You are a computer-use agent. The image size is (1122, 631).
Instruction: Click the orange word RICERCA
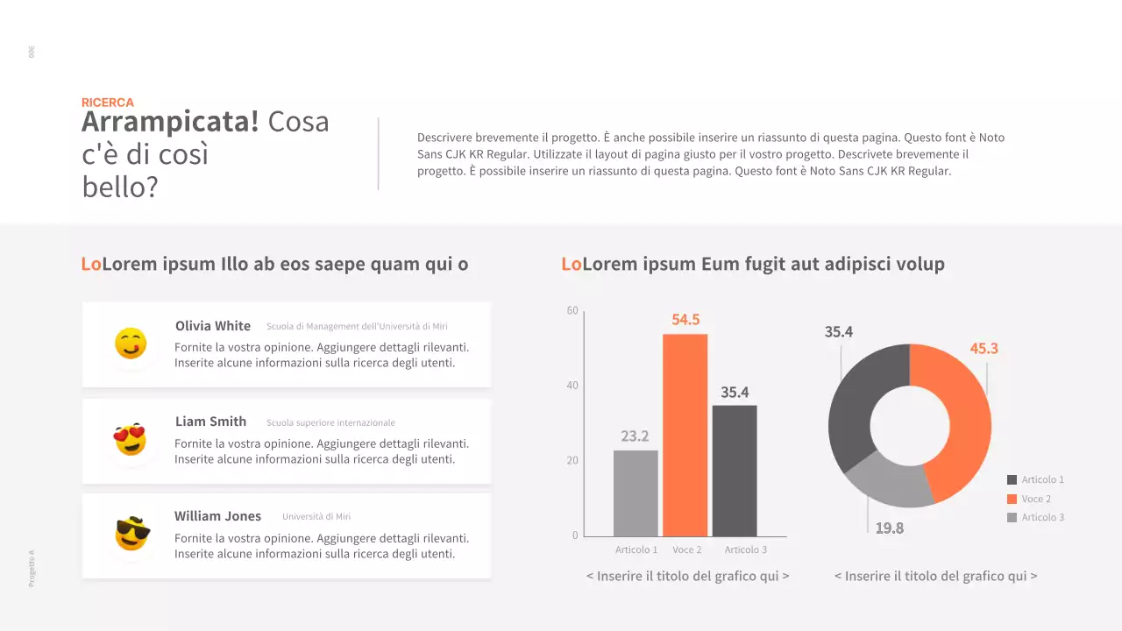pyautogui.click(x=108, y=103)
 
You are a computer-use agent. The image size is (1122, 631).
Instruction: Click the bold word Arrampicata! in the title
pyautogui.click(x=170, y=122)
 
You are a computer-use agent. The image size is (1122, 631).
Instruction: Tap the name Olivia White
pyautogui.click(x=213, y=326)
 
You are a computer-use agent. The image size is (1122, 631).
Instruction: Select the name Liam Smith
pyautogui.click(x=210, y=422)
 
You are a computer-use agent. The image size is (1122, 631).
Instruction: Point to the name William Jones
pyautogui.click(x=217, y=516)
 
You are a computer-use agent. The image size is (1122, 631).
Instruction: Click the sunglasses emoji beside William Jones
pyautogui.click(x=132, y=534)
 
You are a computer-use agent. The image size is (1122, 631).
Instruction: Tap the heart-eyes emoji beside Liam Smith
pyautogui.click(x=131, y=439)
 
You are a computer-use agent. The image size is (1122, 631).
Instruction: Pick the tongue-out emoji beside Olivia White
pyautogui.click(x=131, y=344)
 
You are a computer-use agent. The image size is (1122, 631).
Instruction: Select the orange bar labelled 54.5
pyautogui.click(x=685, y=435)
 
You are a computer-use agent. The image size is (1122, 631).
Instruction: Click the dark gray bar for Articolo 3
pyautogui.click(x=735, y=471)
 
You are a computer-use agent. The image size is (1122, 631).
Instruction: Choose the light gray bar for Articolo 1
pyautogui.click(x=636, y=493)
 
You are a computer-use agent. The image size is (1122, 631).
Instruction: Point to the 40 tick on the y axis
pyautogui.click(x=572, y=386)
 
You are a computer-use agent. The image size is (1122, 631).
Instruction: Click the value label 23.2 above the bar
pyautogui.click(x=635, y=436)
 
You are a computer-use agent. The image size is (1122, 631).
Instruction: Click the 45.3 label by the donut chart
pyautogui.click(x=984, y=349)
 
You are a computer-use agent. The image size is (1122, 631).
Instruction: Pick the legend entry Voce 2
pyautogui.click(x=1035, y=499)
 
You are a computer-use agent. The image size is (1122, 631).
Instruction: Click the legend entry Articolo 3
pyautogui.click(x=1042, y=517)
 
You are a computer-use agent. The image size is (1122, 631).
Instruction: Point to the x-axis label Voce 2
pyautogui.click(x=687, y=549)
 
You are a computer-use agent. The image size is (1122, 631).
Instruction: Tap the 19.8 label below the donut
pyautogui.click(x=889, y=528)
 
